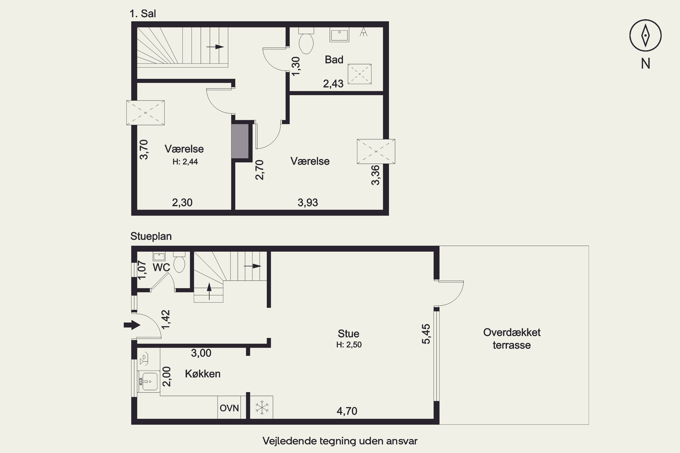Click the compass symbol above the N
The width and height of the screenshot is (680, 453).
point(645,36)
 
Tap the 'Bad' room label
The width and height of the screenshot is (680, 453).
point(334,60)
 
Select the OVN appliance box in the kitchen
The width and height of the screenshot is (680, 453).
point(229,407)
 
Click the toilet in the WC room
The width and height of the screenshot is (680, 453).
point(179,262)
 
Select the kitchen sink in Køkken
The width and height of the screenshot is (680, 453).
point(149,382)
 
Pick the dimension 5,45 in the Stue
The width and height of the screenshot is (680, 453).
point(426,334)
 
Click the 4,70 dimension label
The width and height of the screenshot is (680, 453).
point(347,411)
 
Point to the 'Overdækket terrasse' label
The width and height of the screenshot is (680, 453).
point(512,339)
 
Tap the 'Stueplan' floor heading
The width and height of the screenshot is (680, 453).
point(151,236)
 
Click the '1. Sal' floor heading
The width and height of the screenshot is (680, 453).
point(143,14)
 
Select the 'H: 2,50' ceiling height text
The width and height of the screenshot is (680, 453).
point(349,345)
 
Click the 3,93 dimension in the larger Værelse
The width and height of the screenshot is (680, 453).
point(308,202)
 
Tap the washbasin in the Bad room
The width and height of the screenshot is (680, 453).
point(339,35)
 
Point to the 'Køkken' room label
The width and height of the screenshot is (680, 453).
point(203,374)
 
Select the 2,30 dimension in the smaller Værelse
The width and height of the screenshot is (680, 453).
point(182,202)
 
